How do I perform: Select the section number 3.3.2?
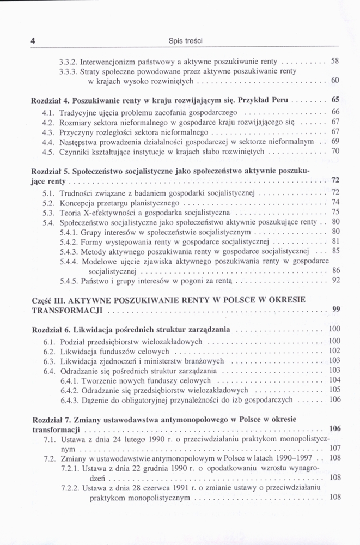pyautogui.click(x=69, y=62)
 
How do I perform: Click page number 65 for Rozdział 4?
pyautogui.click(x=335, y=101)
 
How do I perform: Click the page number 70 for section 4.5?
pyautogui.click(x=335, y=151)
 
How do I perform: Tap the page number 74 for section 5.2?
pyautogui.click(x=335, y=202)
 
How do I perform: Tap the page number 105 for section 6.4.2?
pyautogui.click(x=334, y=390)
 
